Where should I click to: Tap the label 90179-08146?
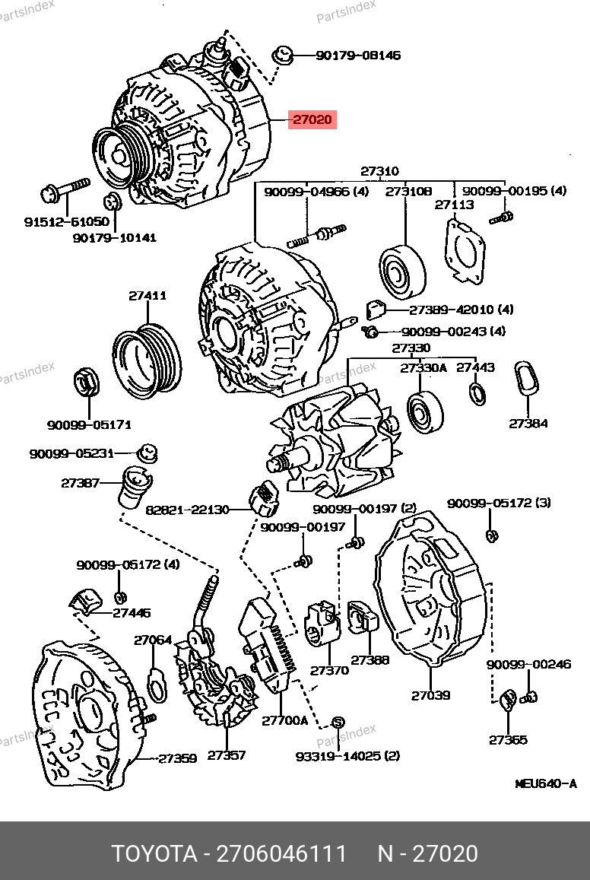pyautogui.click(x=358, y=56)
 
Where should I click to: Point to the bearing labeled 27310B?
pyautogui.click(x=403, y=273)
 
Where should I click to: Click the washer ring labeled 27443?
pyautogui.click(x=477, y=394)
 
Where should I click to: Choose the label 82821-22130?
pyautogui.click(x=187, y=510)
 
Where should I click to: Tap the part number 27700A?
pyautogui.click(x=285, y=720)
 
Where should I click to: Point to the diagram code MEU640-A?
pyautogui.click(x=546, y=783)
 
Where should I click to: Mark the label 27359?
pyautogui.click(x=178, y=758)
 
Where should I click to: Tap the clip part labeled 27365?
pyautogui.click(x=510, y=698)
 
